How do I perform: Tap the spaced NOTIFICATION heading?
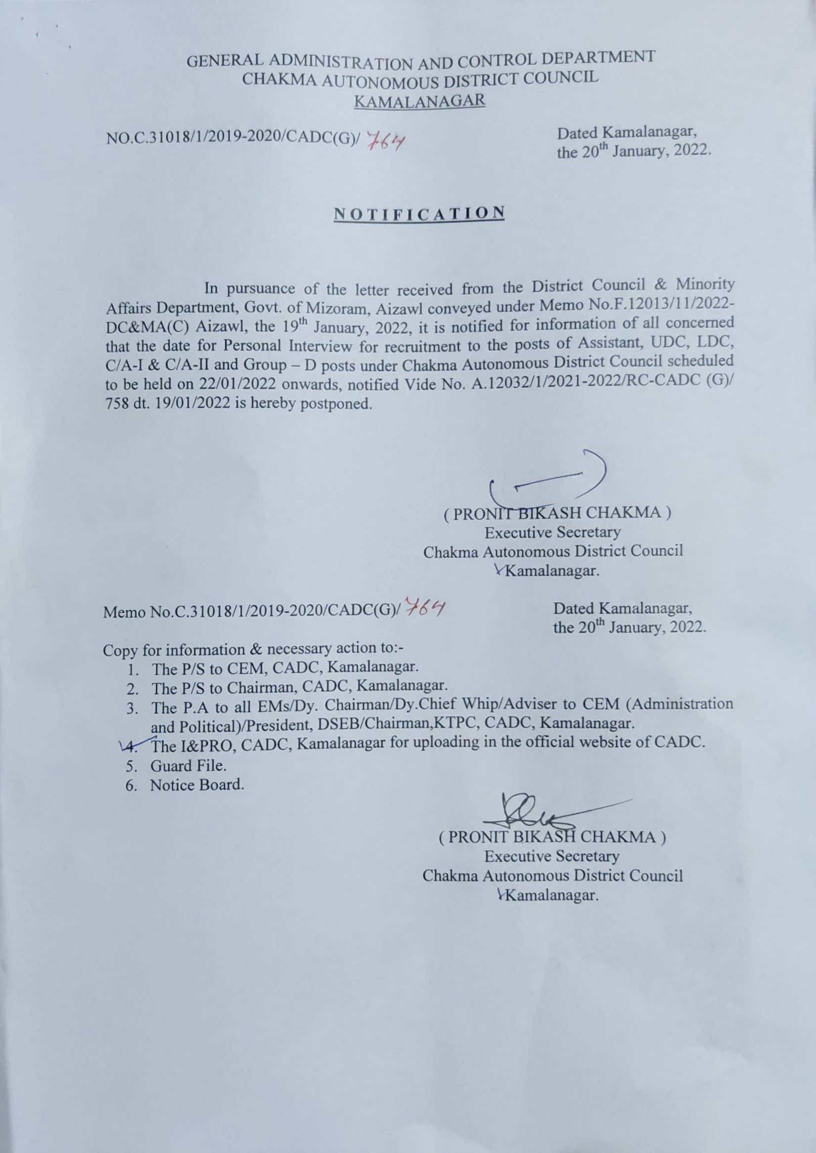tap(419, 213)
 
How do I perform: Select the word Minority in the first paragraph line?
tap(705, 284)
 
